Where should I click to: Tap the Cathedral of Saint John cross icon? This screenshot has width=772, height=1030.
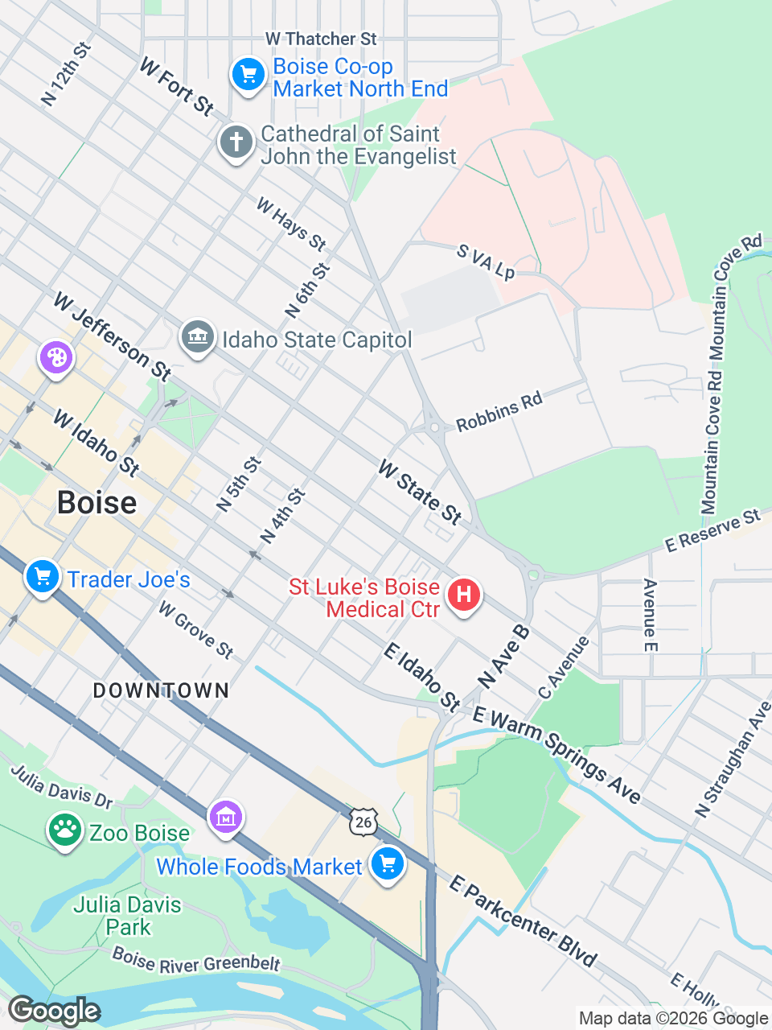click(236, 143)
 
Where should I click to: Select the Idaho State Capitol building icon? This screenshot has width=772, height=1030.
click(197, 337)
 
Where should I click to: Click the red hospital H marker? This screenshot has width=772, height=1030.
click(463, 596)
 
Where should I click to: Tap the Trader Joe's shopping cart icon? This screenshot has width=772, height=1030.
click(43, 577)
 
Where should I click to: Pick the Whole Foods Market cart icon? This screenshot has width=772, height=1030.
click(387, 864)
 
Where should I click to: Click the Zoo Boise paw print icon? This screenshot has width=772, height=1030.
click(64, 830)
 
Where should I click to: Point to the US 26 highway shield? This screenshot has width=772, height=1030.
click(363, 821)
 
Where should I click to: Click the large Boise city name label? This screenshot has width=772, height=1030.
click(96, 503)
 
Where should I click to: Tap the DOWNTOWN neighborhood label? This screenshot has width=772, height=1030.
click(161, 690)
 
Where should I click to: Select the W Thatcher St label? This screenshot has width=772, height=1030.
click(321, 39)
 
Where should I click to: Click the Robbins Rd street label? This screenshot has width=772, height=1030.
click(499, 412)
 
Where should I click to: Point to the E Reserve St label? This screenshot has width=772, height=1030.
click(712, 531)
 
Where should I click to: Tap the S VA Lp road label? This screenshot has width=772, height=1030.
click(486, 262)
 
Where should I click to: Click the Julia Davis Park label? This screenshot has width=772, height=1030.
click(128, 916)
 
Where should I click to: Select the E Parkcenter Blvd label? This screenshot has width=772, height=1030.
click(523, 921)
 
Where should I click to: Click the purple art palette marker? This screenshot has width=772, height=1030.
click(56, 356)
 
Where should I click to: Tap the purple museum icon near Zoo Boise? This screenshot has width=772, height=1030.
click(226, 818)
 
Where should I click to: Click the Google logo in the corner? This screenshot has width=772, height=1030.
click(54, 1011)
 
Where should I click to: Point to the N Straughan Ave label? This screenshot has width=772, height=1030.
click(733, 760)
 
